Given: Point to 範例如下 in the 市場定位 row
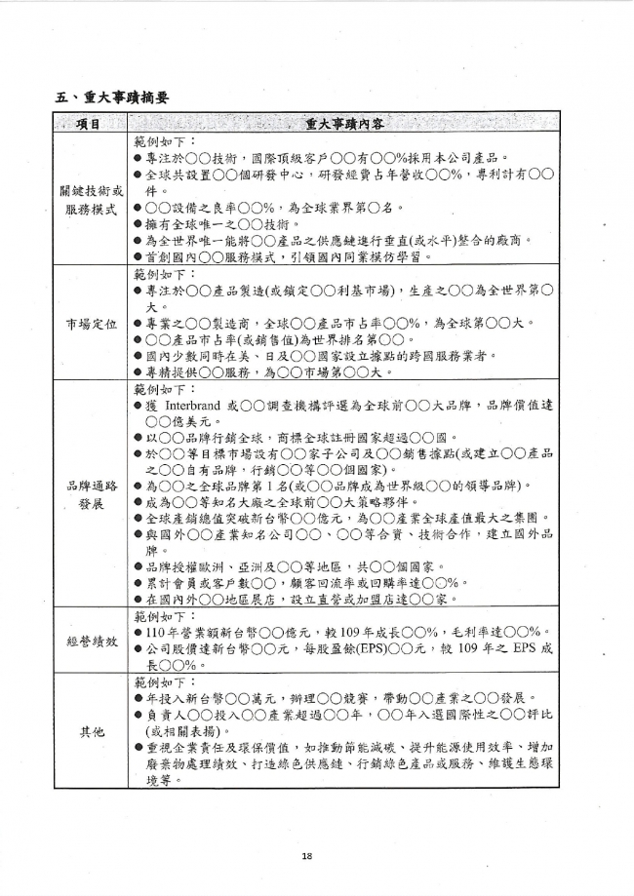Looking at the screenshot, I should point(163,275).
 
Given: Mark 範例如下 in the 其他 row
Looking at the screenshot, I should point(163,682).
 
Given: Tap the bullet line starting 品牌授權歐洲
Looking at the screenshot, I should point(300,566).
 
